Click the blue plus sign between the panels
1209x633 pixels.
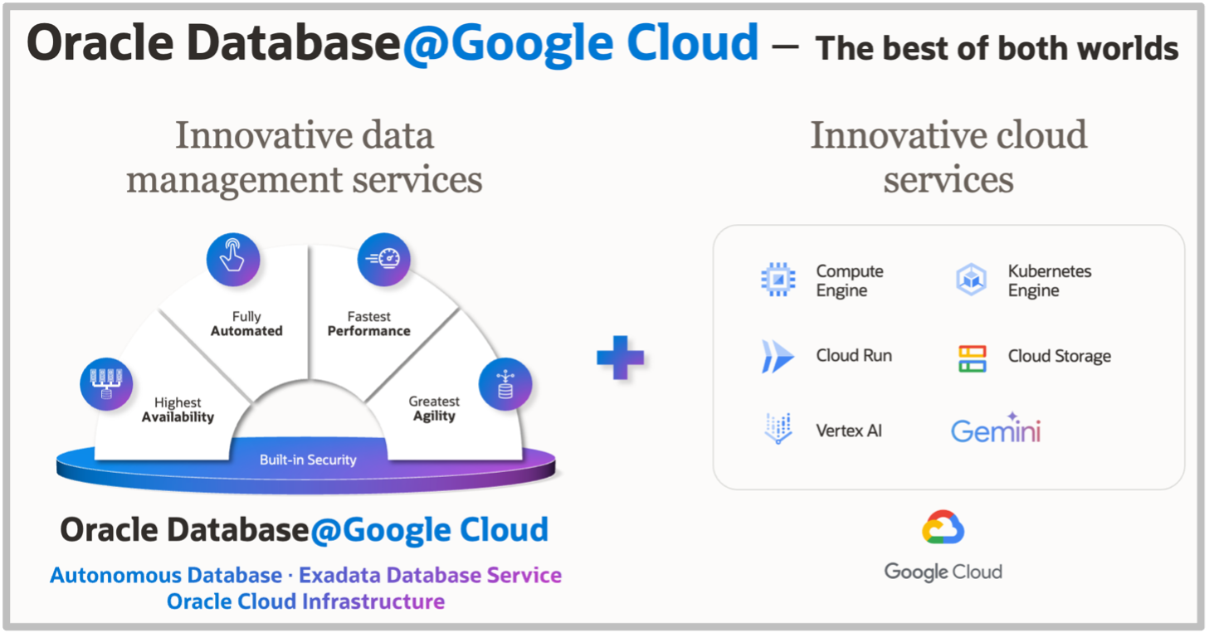click(620, 358)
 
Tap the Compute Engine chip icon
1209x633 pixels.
click(778, 280)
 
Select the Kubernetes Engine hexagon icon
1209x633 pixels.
click(971, 280)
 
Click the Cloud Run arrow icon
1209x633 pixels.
click(778, 356)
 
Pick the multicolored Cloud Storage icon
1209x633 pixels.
click(972, 358)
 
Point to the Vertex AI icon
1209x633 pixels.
click(778, 430)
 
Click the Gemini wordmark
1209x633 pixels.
click(995, 430)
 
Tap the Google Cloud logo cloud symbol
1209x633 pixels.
click(943, 528)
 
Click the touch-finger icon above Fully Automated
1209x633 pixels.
click(232, 259)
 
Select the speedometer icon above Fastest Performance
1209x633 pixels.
click(383, 259)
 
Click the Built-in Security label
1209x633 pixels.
click(308, 460)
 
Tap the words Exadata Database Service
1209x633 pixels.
click(430, 575)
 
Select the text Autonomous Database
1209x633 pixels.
click(166, 575)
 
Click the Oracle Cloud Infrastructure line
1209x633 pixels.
click(305, 601)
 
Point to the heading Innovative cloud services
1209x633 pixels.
click(948, 157)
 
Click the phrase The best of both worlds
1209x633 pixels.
click(997, 49)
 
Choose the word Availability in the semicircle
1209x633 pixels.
click(178, 417)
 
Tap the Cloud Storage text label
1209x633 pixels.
click(1059, 357)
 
